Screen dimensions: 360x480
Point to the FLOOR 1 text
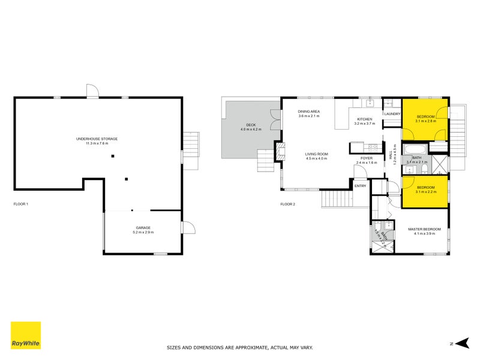(21, 204)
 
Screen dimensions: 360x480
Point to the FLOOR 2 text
(287, 204)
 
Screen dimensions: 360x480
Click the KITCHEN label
(365, 119)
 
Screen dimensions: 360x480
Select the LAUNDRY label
(392, 113)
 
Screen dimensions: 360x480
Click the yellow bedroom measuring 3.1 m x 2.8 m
(425, 118)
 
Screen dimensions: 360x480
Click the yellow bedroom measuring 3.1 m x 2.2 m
(425, 190)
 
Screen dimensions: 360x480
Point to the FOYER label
(367, 160)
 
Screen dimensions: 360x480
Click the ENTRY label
(360, 186)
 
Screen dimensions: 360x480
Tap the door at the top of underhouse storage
(92, 91)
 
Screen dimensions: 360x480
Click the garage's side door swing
(188, 228)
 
